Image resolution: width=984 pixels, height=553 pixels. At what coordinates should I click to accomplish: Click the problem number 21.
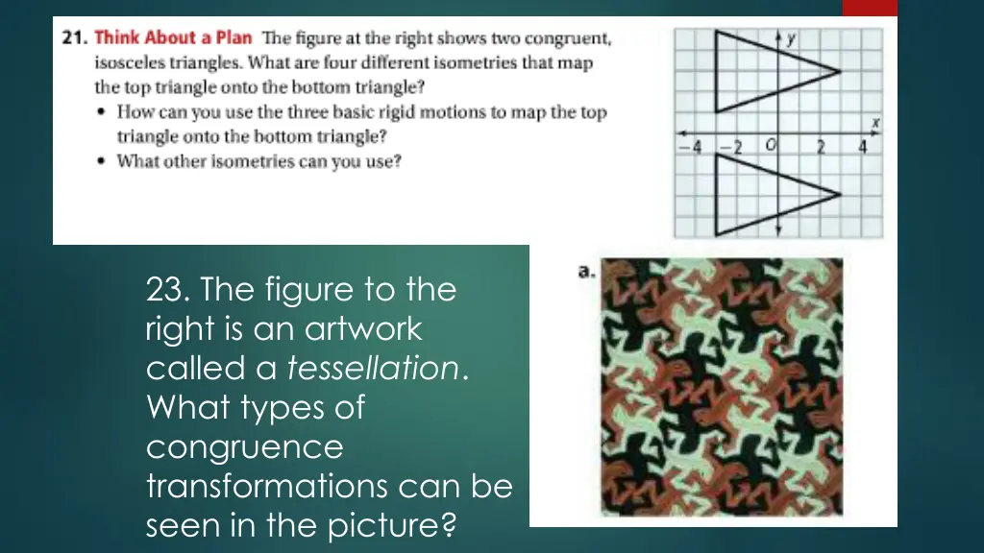74,37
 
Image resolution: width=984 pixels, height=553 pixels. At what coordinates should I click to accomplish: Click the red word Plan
234,37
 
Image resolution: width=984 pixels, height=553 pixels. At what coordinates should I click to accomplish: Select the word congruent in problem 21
567,38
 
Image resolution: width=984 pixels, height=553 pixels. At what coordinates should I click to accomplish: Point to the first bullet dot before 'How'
102,112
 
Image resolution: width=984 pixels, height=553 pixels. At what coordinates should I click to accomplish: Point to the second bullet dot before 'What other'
102,161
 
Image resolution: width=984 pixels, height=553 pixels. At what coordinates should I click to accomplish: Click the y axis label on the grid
791,38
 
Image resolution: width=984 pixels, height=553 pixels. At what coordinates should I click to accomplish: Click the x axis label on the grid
875,124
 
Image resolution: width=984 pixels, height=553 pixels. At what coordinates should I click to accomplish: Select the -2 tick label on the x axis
730,147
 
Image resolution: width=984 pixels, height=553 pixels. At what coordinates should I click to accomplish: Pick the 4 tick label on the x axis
862,147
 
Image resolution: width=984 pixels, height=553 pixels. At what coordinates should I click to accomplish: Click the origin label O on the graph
770,146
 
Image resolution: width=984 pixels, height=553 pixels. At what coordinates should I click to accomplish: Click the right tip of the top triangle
840,71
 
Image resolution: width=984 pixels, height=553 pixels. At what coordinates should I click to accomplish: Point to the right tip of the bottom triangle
840,194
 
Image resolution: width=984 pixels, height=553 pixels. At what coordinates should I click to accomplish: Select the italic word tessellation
374,368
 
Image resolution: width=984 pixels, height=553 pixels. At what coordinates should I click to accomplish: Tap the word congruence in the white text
245,447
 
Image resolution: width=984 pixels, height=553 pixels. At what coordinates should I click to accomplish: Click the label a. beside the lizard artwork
586,271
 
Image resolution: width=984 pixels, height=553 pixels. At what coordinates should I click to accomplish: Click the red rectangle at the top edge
870,8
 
